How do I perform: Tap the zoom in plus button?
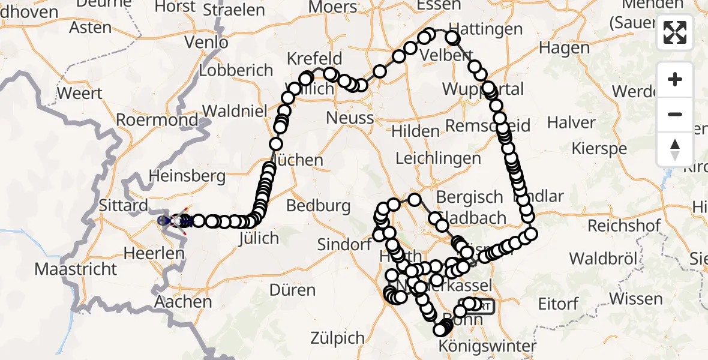(x=675, y=79)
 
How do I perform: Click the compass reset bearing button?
(x=675, y=149)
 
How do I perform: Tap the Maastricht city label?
(x=76, y=268)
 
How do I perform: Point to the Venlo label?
(x=206, y=43)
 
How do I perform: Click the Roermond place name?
(x=157, y=119)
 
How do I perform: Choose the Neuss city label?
(x=350, y=118)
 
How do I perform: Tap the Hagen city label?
(x=564, y=47)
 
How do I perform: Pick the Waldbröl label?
(x=601, y=259)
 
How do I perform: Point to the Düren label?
(x=292, y=290)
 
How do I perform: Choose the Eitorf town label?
(x=559, y=304)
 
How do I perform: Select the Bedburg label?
(x=319, y=206)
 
